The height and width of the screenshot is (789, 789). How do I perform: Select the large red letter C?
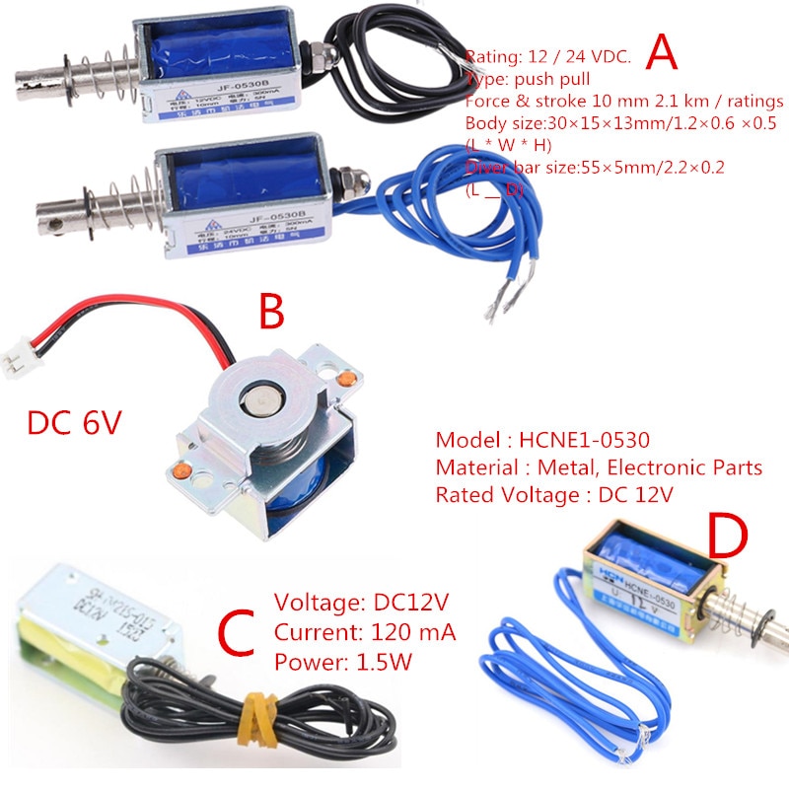(x=241, y=631)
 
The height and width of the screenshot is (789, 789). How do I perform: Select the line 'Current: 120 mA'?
(x=365, y=633)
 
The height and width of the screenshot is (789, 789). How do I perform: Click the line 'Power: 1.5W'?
(x=342, y=662)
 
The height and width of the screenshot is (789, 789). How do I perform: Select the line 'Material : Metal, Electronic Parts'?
(x=599, y=467)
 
